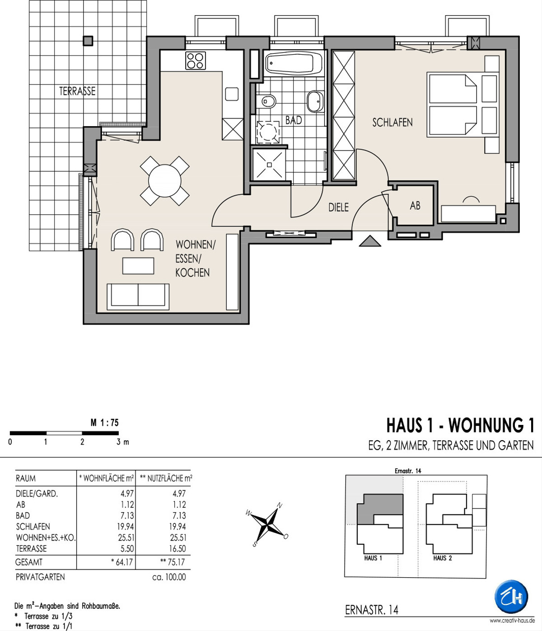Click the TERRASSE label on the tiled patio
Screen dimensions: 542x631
tap(77, 91)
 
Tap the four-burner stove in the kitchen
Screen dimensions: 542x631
tap(196, 61)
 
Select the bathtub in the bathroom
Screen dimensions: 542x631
tap(293, 63)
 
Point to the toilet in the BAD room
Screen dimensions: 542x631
tap(266, 101)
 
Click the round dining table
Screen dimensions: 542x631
tap(165, 181)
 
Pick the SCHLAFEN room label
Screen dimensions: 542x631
tap(392, 122)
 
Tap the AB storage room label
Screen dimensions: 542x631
tap(415, 206)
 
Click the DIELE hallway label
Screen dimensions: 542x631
tap(338, 207)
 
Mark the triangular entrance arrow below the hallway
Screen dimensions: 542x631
tap(370, 241)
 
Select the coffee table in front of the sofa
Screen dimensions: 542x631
tap(138, 266)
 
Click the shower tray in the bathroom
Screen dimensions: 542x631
tap(269, 165)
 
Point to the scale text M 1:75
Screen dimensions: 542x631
tap(104, 423)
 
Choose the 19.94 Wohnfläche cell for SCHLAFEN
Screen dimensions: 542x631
tap(126, 526)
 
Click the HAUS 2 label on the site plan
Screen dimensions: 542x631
tap(442, 558)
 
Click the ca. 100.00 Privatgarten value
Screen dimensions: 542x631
tap(169, 577)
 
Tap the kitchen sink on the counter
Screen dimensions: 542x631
tap(232, 94)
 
